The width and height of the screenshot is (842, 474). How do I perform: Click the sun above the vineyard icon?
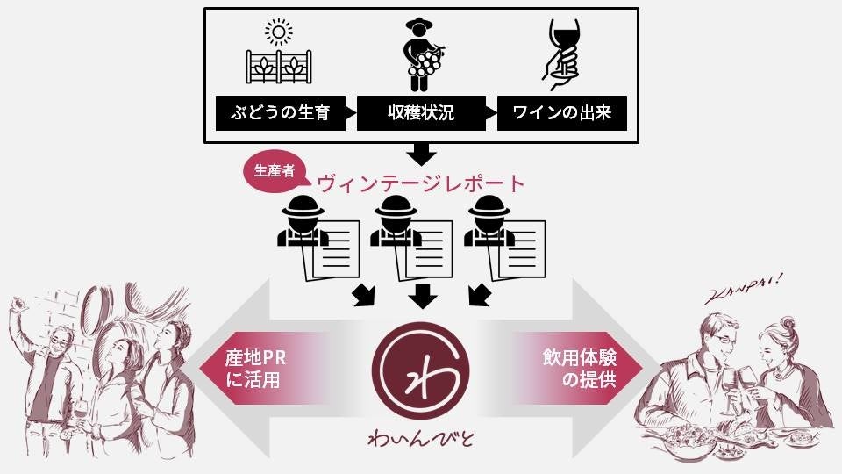pyautogui.click(x=280, y=33)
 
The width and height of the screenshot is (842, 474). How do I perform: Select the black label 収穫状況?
pyautogui.click(x=421, y=114)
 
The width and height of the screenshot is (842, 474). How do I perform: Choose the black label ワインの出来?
pyautogui.click(x=562, y=114)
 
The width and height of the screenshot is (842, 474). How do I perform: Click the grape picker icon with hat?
pyautogui.click(x=422, y=54)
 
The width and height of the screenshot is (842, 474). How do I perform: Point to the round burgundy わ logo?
pyautogui.click(x=421, y=372)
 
